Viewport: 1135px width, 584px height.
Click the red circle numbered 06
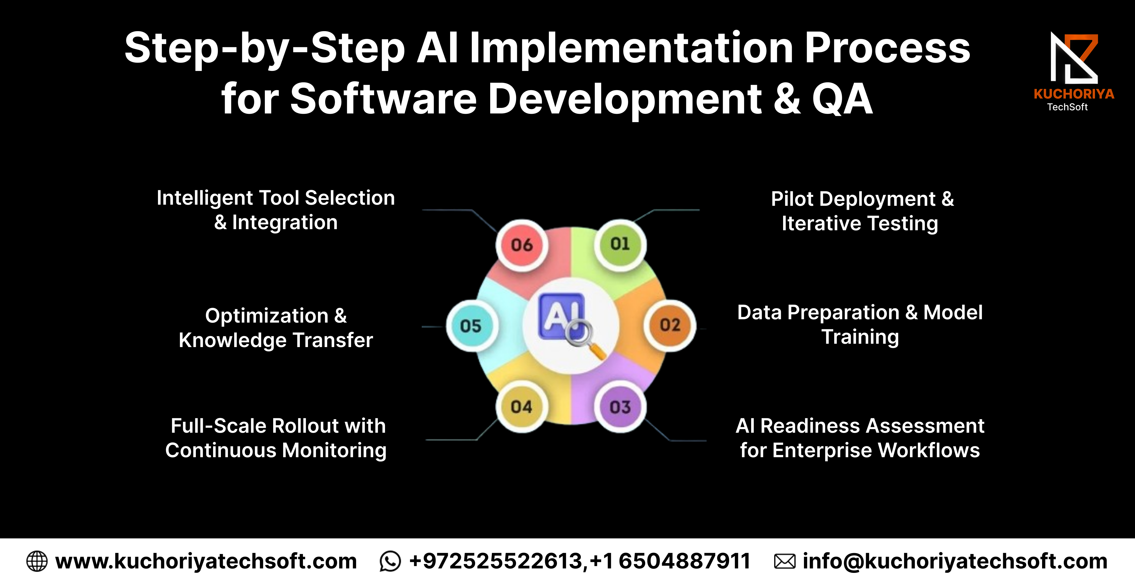(x=522, y=245)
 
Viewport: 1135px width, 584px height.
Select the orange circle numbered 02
(x=670, y=325)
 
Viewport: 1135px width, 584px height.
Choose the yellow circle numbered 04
(x=522, y=407)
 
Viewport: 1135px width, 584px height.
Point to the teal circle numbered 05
(x=471, y=326)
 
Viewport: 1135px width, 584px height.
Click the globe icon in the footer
(x=37, y=561)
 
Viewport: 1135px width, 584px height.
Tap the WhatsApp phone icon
(x=390, y=561)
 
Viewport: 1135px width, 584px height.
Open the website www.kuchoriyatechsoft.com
(x=206, y=561)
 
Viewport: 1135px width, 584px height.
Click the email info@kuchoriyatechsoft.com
(x=955, y=561)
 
